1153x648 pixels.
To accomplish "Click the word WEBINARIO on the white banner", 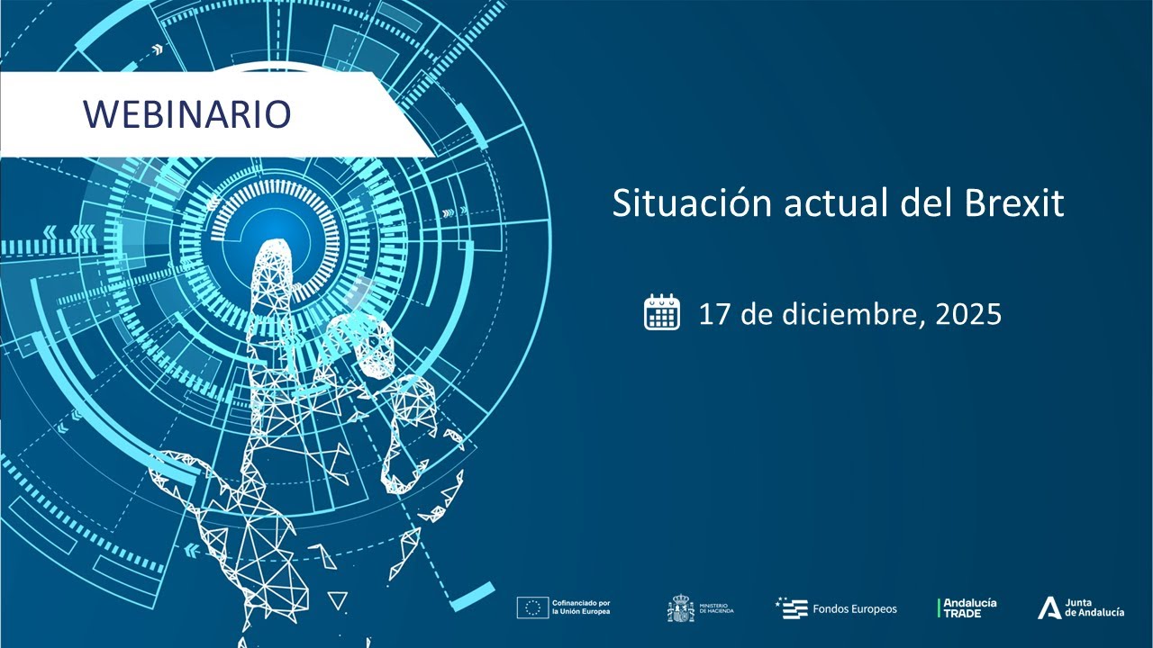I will (187, 114).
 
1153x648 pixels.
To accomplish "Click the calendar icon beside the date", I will (662, 312).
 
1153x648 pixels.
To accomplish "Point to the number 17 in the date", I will (714, 314).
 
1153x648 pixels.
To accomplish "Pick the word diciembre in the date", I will (846, 314).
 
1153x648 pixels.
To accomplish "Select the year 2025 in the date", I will (968, 314).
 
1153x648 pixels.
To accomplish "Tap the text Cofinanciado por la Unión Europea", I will (581, 608).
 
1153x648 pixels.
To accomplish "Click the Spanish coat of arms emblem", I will (680, 608).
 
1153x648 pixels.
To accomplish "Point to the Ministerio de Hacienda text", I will (716, 608).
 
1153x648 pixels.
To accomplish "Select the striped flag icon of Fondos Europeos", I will (792, 608).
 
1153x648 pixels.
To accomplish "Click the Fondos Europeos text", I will (855, 609).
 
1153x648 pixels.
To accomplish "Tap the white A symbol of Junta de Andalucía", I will (1049, 608).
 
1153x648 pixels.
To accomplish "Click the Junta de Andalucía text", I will (1094, 608).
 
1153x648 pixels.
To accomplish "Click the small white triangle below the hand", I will (337, 600).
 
